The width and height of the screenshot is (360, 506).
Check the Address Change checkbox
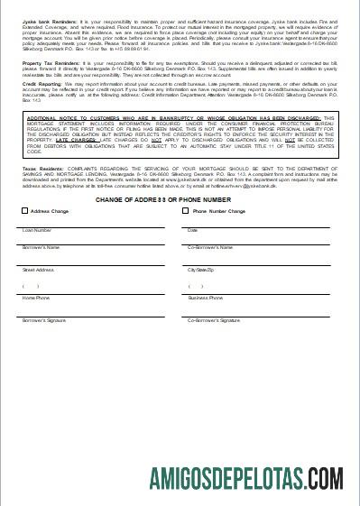click(24, 211)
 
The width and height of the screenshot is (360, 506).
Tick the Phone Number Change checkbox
click(187, 211)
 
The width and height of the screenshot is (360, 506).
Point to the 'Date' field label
click(192, 230)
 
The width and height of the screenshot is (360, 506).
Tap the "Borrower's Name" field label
click(42, 246)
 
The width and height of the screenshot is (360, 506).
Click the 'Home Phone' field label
click(36, 297)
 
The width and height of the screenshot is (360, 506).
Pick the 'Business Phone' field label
click(205, 297)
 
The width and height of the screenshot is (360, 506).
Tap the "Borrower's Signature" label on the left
click(44, 319)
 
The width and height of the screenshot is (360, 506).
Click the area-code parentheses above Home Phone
click(31, 285)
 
